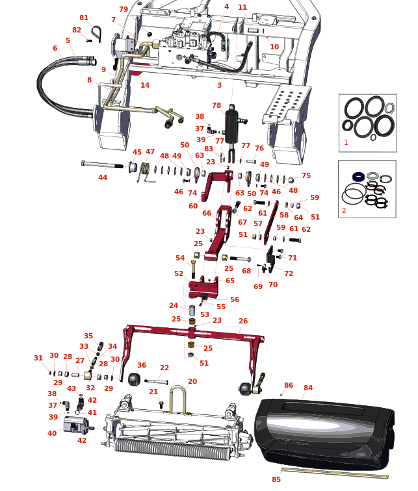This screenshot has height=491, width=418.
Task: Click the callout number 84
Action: [x=308, y=388]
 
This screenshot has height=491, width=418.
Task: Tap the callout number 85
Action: [x=276, y=479]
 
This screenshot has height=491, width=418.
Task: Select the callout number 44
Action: [x=103, y=177]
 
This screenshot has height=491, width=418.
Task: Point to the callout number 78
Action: [x=216, y=105]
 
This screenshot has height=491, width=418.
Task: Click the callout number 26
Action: [x=243, y=321]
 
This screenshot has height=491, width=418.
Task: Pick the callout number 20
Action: [x=192, y=382]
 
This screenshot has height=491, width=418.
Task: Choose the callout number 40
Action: [x=52, y=433]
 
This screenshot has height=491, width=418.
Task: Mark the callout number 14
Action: [x=145, y=85]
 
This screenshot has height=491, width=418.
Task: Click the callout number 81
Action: [x=84, y=18]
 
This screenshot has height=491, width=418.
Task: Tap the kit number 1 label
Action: [x=346, y=142]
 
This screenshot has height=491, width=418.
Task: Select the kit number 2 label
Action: [x=344, y=210]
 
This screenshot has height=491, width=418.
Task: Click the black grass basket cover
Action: [x=325, y=429]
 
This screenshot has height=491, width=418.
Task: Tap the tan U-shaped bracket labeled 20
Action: [x=179, y=400]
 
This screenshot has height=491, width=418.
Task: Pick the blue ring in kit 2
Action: [x=358, y=177]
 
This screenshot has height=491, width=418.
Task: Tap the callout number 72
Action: [x=289, y=274]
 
